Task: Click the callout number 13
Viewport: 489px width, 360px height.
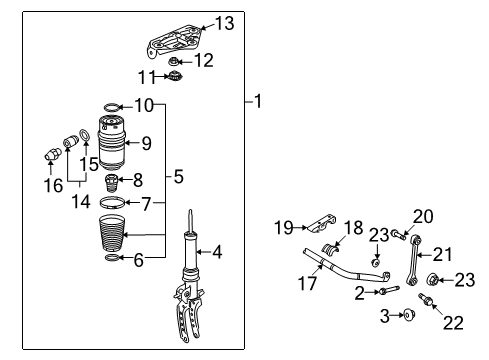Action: pyautogui.click(x=225, y=23)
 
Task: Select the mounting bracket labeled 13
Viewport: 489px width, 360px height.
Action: pyautogui.click(x=173, y=41)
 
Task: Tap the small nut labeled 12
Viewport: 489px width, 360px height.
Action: pyautogui.click(x=173, y=62)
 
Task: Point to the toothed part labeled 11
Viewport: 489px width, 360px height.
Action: pyautogui.click(x=175, y=76)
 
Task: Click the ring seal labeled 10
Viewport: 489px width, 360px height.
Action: pyautogui.click(x=112, y=107)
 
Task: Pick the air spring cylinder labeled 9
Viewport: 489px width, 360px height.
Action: pyautogui.click(x=112, y=142)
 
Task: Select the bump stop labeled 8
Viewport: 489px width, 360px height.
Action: pyautogui.click(x=110, y=183)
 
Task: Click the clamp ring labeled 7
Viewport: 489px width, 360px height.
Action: pyautogui.click(x=112, y=203)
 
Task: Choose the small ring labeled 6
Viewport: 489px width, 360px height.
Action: pyautogui.click(x=112, y=257)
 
